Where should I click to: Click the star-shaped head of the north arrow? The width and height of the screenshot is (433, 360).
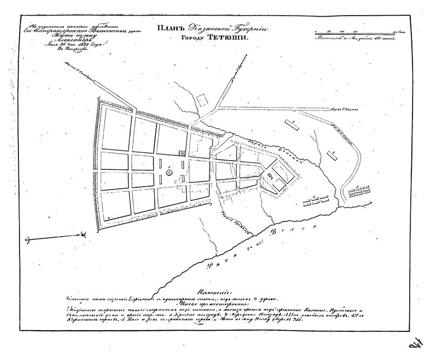(x=83, y=234)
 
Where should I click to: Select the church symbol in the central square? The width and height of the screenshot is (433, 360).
(x=169, y=173)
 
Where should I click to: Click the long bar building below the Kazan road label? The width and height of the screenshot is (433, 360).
(x=292, y=123)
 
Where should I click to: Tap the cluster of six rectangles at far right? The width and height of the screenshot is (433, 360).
(x=359, y=192)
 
